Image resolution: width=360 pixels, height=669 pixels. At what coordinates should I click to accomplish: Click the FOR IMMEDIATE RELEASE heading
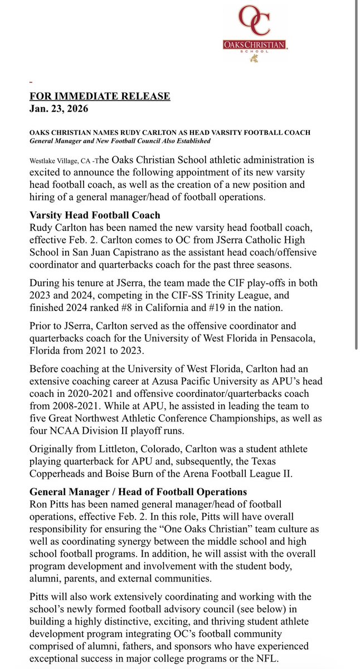click(x=100, y=96)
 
